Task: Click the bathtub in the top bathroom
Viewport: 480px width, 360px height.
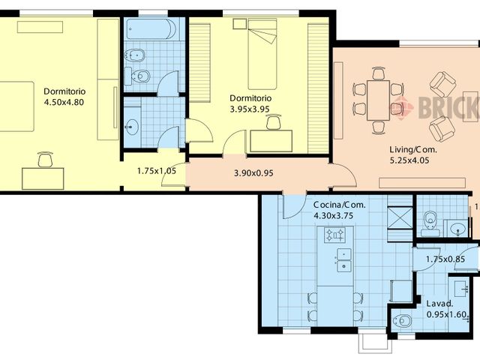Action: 151,29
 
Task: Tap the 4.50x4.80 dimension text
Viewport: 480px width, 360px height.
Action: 64,102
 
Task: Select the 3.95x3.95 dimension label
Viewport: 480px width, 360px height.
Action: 250,109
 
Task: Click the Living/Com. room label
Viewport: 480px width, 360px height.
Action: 413,150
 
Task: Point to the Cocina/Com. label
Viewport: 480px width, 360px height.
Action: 339,205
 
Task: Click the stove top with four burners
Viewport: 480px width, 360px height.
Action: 335,235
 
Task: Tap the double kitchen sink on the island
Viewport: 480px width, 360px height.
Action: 344,260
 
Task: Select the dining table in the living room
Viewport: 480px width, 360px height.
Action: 378,100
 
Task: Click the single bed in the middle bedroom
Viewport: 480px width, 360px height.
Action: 262,54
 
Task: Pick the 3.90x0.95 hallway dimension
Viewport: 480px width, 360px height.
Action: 253,173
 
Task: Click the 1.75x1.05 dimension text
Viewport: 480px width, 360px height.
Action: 157,171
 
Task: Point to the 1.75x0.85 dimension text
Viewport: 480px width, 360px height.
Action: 445,259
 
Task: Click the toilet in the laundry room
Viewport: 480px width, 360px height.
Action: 403,321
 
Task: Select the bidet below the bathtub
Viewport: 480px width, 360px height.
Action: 134,55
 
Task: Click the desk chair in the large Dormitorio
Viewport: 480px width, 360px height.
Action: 45,159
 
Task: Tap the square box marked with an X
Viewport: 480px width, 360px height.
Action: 400,217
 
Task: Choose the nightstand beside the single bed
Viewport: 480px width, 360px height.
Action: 240,24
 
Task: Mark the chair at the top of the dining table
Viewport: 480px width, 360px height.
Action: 378,73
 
